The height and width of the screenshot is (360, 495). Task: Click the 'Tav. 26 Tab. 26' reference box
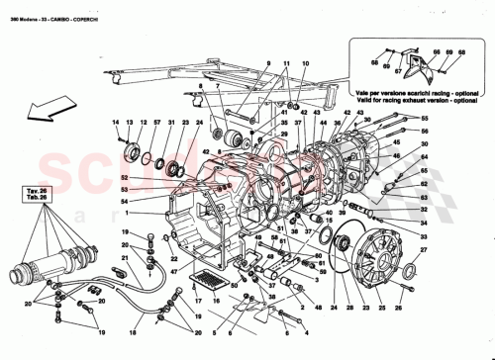click(x=37, y=194)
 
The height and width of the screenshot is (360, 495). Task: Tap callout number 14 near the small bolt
click(x=114, y=122)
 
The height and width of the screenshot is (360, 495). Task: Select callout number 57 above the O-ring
click(x=156, y=122)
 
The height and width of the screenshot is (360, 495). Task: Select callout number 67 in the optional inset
click(x=397, y=72)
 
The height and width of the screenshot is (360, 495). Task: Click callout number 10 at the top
click(x=306, y=63)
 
